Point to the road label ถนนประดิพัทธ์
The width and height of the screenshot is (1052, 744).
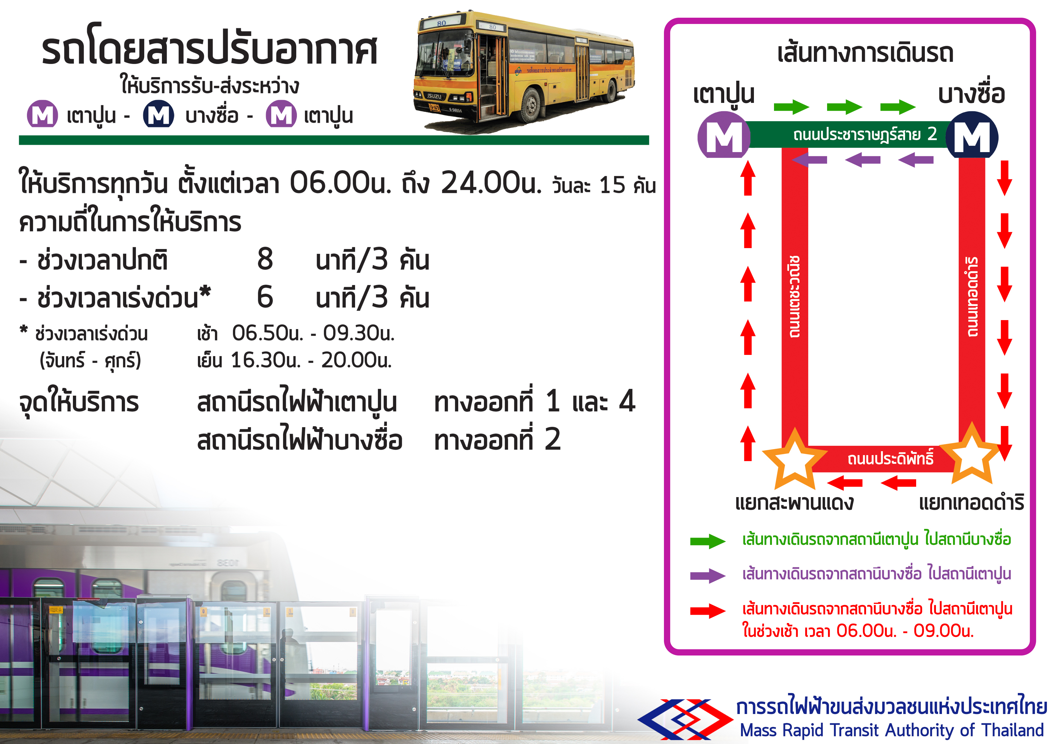tap(890, 458)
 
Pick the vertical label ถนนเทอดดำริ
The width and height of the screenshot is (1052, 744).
tap(972, 297)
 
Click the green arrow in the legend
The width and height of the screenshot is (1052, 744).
tap(708, 541)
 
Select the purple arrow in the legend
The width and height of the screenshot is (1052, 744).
tap(708, 575)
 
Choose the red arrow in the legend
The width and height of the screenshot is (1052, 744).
tap(708, 610)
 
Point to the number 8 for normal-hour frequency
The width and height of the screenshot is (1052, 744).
tap(265, 259)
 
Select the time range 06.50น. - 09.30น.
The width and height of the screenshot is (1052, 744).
tap(313, 333)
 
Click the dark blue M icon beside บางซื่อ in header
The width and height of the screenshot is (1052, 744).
tap(159, 115)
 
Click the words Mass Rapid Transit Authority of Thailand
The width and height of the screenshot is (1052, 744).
tap(891, 730)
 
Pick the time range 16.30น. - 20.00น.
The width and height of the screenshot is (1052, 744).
tap(311, 360)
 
